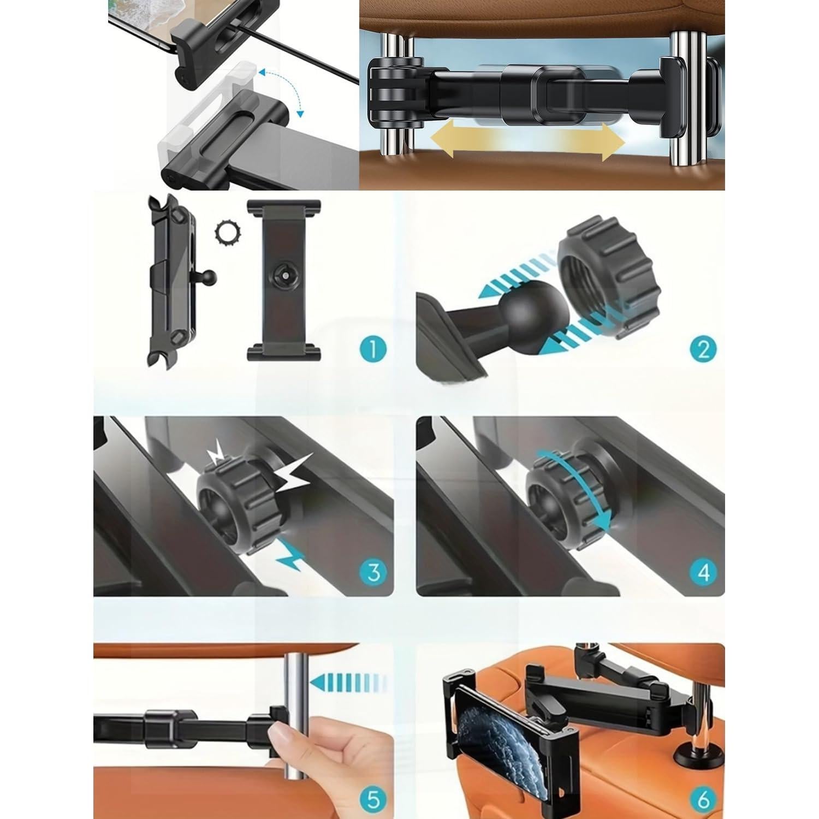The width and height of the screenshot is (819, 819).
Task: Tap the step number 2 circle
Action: (x=703, y=348)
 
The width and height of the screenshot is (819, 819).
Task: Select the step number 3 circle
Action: (x=374, y=572)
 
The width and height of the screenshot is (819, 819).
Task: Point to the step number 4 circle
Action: (x=703, y=572)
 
